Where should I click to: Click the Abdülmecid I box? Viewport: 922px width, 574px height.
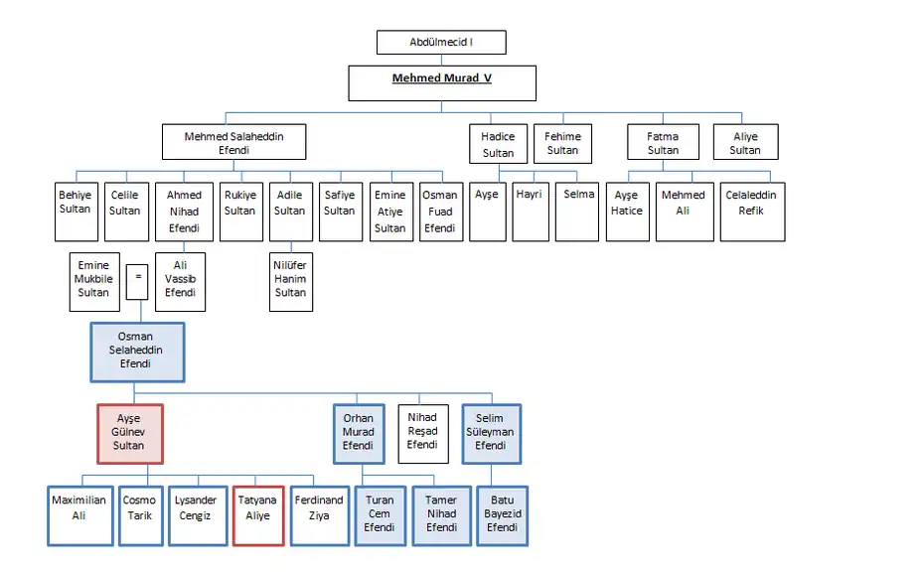(x=441, y=43)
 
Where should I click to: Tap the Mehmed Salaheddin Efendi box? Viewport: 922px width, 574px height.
(x=233, y=142)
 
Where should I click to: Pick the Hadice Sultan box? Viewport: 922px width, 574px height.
(x=498, y=143)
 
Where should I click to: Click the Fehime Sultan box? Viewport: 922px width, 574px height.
(x=562, y=142)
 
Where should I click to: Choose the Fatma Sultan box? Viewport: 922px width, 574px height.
(x=663, y=142)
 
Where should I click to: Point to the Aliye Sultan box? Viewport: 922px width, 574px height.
(x=744, y=142)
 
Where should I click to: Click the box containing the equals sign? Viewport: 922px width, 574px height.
(x=138, y=277)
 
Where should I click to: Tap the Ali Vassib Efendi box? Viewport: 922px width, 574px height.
(x=180, y=281)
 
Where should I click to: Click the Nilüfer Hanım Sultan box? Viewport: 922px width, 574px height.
(x=290, y=281)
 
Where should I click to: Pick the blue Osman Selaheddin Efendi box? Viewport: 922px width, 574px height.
(x=136, y=352)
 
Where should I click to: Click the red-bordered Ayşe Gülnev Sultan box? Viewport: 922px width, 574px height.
(x=129, y=433)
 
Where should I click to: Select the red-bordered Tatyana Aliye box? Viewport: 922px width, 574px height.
(x=258, y=514)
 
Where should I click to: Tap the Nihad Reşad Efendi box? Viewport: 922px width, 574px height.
(x=422, y=433)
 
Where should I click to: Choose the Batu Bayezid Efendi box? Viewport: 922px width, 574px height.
(x=502, y=514)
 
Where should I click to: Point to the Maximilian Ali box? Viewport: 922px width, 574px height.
(x=78, y=514)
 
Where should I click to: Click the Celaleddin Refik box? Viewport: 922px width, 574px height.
(x=751, y=211)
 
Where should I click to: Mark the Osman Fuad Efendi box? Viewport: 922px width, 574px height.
(x=439, y=211)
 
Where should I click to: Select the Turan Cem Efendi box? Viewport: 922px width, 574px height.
(x=379, y=514)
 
